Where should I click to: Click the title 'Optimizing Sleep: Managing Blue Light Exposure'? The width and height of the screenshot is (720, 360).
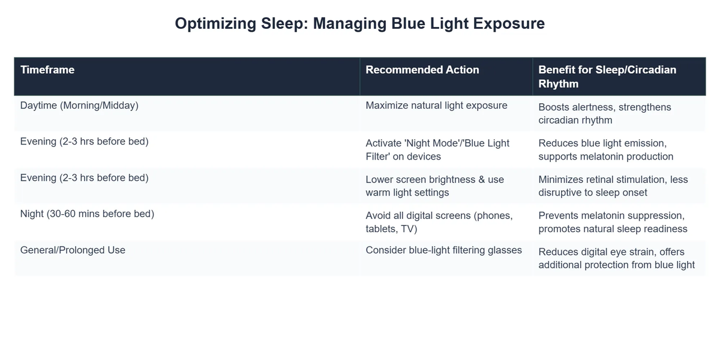359,23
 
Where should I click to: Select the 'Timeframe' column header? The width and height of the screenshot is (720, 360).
47,70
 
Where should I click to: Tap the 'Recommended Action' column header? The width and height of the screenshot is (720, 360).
422,70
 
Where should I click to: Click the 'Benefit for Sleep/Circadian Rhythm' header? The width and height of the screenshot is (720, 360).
607,77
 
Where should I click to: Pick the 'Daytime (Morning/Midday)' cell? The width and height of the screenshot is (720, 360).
79,106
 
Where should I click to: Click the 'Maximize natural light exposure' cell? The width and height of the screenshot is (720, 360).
436,106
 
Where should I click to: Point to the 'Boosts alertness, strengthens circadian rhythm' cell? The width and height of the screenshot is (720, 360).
605,113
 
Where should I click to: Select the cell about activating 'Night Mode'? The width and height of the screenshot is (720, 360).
437,149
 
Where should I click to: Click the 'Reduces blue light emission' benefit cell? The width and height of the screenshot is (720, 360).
606,149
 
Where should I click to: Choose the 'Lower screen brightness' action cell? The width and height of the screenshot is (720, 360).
435,186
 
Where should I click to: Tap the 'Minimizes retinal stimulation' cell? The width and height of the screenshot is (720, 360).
613,186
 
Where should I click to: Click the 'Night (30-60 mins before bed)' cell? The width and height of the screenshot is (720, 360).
87,214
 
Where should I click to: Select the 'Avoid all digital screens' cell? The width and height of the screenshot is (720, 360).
439,222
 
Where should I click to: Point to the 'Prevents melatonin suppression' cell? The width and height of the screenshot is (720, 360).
613,222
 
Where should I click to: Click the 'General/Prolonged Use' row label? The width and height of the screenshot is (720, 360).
73,250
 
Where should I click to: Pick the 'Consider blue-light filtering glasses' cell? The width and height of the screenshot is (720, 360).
443,250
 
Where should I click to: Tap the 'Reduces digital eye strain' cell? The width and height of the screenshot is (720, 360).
616,258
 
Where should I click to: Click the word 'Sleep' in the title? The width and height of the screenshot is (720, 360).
283,23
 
